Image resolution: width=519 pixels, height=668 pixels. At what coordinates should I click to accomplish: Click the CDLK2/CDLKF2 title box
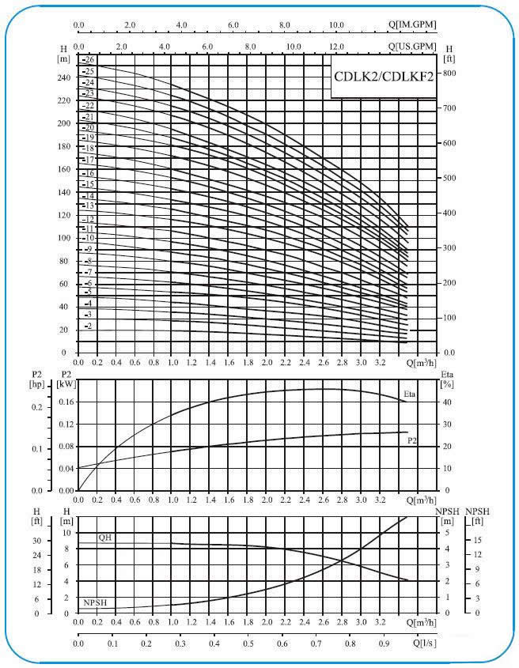click(x=384, y=77)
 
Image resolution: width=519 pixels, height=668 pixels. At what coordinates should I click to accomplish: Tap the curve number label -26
click(x=88, y=60)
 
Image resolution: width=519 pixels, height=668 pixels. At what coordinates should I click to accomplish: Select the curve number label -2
click(x=88, y=326)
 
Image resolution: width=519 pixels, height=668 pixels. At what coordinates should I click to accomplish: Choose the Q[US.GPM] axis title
click(x=412, y=47)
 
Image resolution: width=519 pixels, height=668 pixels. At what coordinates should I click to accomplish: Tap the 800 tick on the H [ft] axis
click(x=450, y=73)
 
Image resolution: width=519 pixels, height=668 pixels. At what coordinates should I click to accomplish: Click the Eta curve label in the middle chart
click(x=410, y=394)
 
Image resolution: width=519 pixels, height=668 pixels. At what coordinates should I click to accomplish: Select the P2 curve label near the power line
click(x=412, y=440)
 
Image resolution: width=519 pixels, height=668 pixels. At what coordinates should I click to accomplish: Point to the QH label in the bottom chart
click(x=104, y=538)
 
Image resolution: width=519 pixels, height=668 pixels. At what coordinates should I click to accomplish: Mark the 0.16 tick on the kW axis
click(x=65, y=402)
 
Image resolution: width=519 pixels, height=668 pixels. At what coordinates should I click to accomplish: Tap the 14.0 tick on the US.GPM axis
click(x=380, y=47)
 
